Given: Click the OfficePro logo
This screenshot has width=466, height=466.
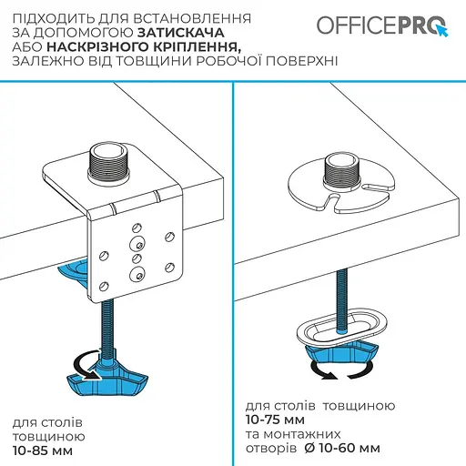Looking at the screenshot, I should [382, 25].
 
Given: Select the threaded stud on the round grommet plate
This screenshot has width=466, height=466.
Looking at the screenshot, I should [339, 169].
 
